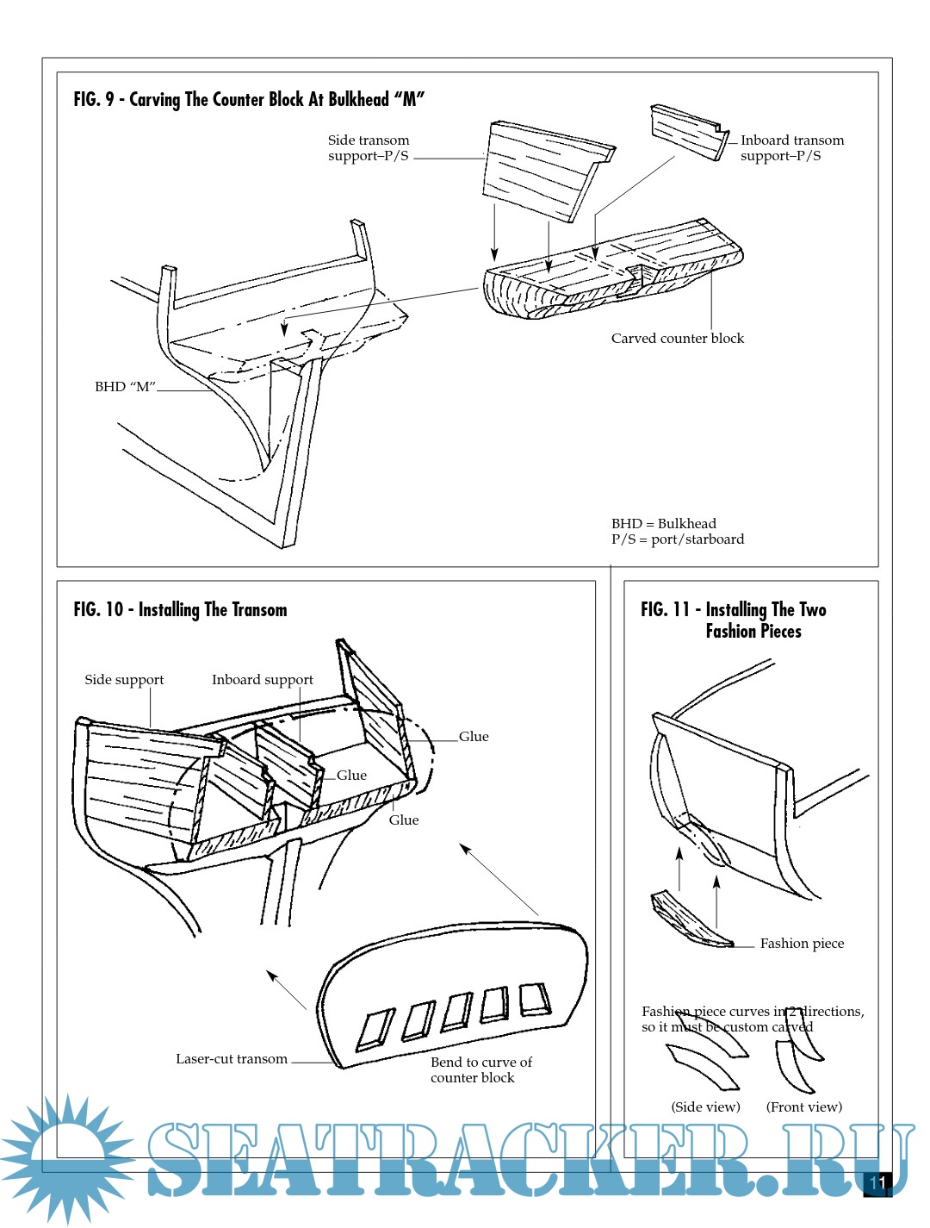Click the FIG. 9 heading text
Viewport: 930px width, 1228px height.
[x=249, y=99]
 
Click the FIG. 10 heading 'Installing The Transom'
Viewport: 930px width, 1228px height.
[x=180, y=610]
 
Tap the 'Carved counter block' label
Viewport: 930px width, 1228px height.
[x=677, y=339]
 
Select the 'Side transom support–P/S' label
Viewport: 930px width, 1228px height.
[x=369, y=147]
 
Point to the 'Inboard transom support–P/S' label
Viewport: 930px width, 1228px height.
[x=791, y=147]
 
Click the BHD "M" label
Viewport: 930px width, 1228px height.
[x=125, y=387]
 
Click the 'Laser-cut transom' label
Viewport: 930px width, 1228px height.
[x=232, y=1059]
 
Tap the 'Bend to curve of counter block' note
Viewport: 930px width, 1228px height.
[x=480, y=1070]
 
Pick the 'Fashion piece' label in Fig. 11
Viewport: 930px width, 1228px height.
[x=802, y=944]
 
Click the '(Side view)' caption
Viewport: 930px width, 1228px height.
[x=705, y=1107]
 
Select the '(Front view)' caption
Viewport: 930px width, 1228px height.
[x=803, y=1107]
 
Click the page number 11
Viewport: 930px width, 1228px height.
[x=877, y=1182]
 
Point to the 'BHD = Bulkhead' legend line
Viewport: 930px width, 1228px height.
[x=663, y=524]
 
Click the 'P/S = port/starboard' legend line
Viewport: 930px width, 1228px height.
[x=678, y=539]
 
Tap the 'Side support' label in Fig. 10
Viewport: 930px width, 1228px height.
[x=124, y=680]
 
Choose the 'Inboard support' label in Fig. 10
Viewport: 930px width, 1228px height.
[x=263, y=680]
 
